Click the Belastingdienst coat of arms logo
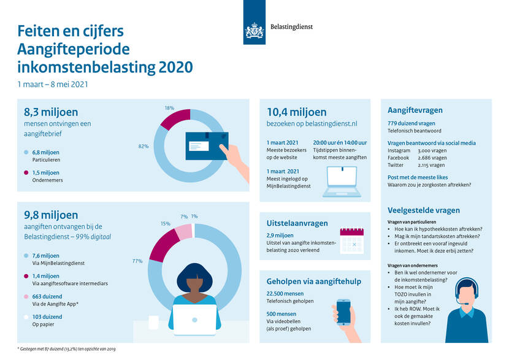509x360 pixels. [255, 31]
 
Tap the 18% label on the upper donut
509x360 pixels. [169, 108]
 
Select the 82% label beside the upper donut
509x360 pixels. [144, 147]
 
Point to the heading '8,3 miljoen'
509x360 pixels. [51, 112]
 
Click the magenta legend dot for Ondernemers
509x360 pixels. [26, 173]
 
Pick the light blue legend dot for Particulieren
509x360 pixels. [26, 152]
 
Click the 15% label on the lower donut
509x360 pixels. [165, 223]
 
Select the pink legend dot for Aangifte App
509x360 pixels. [26, 296]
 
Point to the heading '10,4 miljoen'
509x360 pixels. [297, 112]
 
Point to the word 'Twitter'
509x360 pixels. [396, 165]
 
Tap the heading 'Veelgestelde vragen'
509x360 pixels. [423, 210]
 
